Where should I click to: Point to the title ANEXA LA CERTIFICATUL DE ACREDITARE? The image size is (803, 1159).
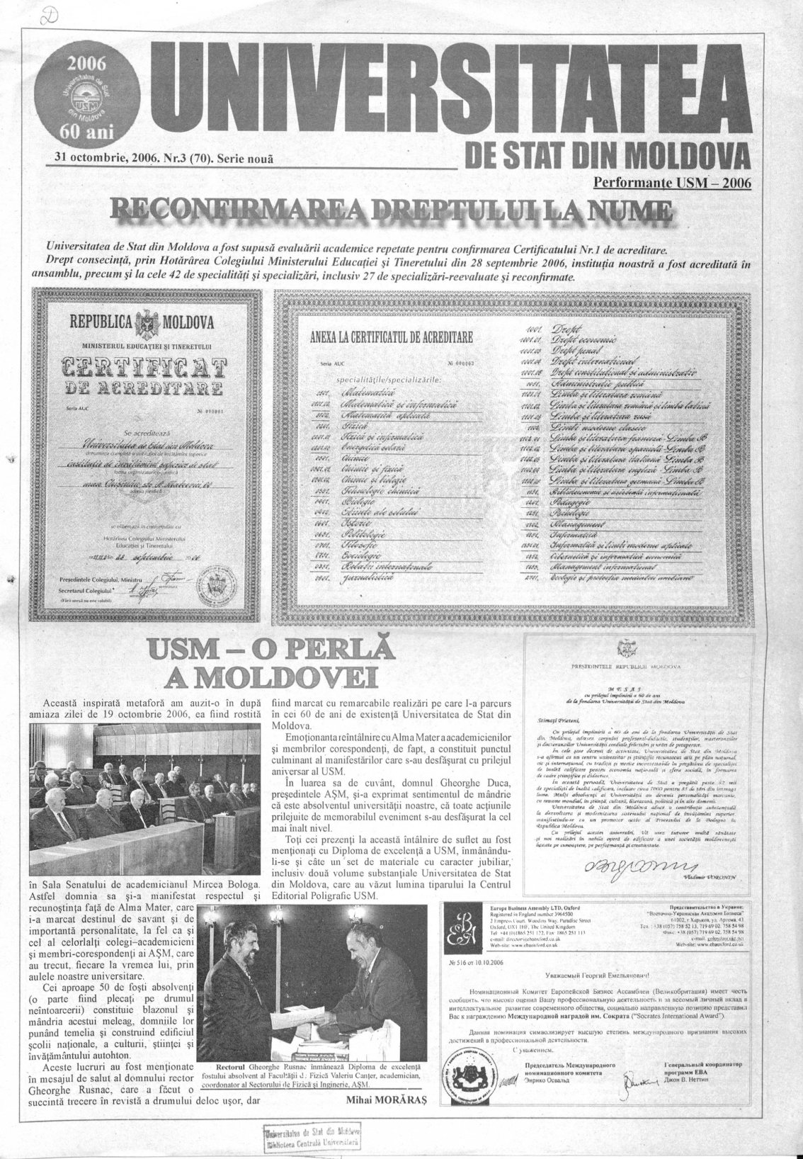pos(392,337)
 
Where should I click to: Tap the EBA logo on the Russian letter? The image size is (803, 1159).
pos(462,925)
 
